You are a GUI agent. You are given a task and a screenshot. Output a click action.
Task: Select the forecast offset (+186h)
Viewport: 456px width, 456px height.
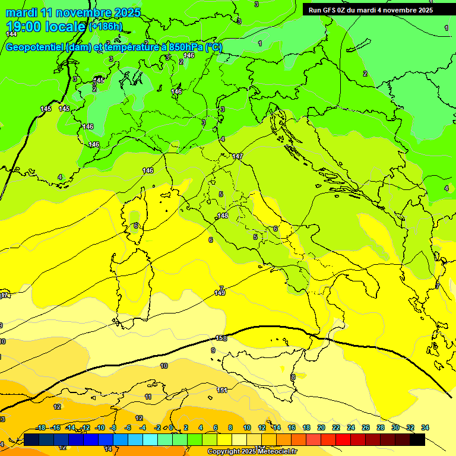[105, 27]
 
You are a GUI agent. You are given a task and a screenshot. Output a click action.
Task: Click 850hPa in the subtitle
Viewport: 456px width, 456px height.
[186, 47]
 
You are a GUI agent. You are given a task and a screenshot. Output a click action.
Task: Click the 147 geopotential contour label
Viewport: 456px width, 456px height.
[238, 156]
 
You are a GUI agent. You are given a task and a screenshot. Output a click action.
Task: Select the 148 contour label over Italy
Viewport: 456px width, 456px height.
[223, 216]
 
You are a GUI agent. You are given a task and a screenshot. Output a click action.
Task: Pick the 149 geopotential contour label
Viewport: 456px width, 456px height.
[220, 293]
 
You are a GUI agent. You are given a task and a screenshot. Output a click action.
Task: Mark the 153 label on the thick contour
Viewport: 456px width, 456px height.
[221, 338]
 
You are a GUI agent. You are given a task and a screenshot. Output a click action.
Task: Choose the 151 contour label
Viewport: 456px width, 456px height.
[222, 390]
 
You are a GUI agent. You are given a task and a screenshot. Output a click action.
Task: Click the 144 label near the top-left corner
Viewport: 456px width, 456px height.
[11, 34]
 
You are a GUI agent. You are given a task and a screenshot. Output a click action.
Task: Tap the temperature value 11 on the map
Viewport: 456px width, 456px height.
[148, 397]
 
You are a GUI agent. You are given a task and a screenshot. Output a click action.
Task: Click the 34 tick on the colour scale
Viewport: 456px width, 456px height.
[425, 427]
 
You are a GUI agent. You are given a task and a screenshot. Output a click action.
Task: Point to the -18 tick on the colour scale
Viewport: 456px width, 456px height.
[40, 427]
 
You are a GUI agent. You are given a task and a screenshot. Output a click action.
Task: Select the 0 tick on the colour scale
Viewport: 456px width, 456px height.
[171, 427]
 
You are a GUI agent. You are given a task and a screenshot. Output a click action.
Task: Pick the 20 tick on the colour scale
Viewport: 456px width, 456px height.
[321, 427]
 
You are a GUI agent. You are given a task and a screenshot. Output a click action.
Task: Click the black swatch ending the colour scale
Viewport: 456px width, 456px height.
[417, 439]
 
